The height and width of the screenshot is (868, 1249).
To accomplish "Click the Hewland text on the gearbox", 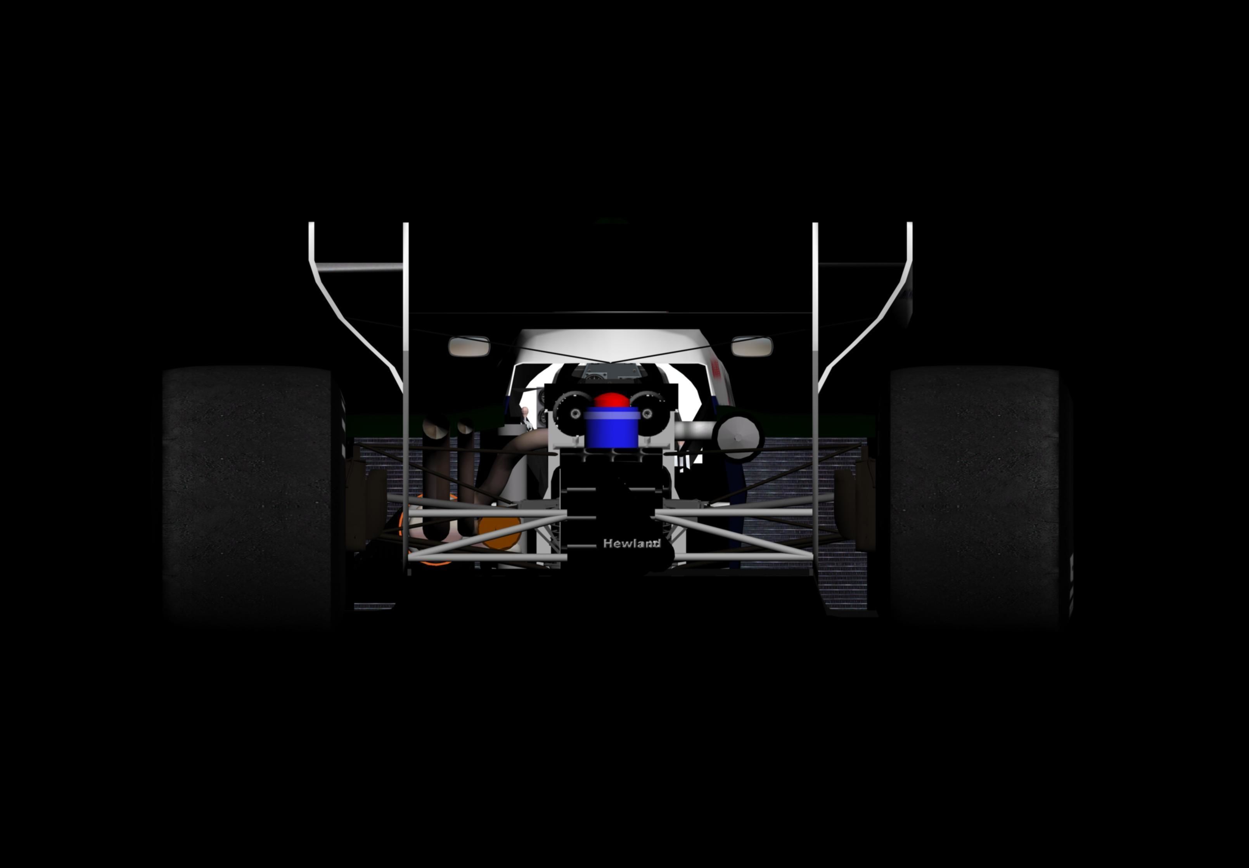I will (631, 543).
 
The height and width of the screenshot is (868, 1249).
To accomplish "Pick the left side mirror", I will (469, 346).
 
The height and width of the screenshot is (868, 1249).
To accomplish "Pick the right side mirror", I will (752, 346).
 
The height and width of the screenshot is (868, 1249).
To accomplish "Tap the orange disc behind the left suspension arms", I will (499, 533).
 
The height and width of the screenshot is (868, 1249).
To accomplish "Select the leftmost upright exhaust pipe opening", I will (436, 429).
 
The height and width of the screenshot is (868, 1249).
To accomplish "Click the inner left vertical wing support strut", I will (406, 381).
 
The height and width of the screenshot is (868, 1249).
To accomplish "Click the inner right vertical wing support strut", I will (815, 381).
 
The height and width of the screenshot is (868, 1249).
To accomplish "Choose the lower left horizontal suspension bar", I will (487, 558).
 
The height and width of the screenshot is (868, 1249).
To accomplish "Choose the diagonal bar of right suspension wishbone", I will (734, 536).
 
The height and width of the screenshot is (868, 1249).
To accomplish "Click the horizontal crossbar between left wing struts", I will (359, 267).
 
